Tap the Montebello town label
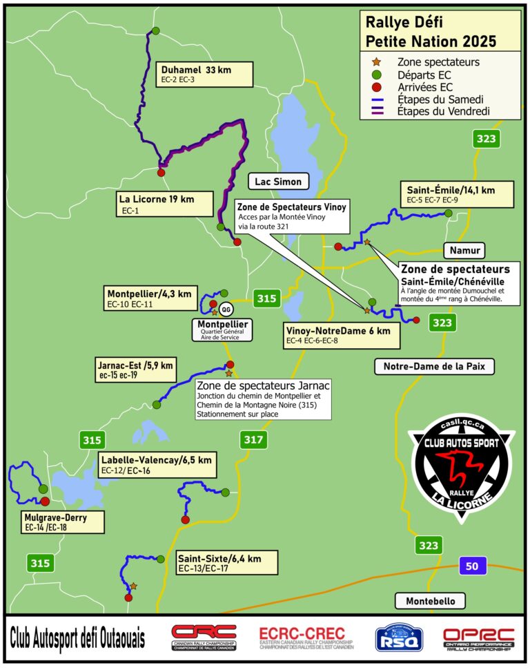(x=430, y=601)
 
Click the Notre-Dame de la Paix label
(x=435, y=366)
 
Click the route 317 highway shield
(x=253, y=438)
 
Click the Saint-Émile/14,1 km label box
(x=459, y=194)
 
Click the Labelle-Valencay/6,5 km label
(x=156, y=464)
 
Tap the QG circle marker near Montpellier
(x=224, y=310)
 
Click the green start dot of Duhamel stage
(x=156, y=30)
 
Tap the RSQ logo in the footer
(x=395, y=638)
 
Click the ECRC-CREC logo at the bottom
(x=302, y=639)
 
